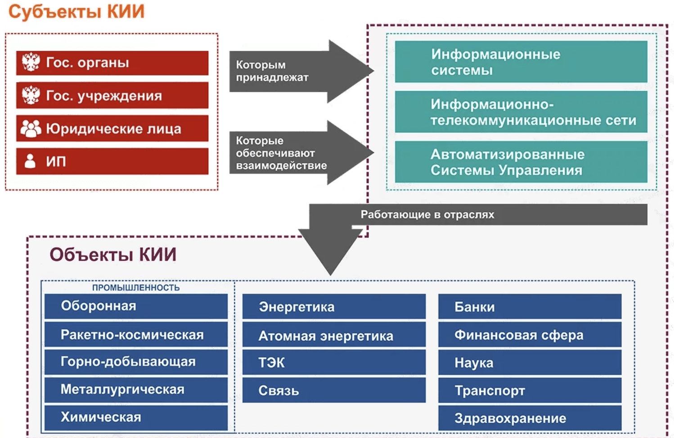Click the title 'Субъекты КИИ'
coord(76,12)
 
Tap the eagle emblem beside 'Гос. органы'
coord(31,62)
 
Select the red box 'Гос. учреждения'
coord(112,95)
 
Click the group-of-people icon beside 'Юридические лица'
coord(31,129)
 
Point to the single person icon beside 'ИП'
coord(30,161)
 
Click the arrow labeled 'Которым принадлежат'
coord(301,72)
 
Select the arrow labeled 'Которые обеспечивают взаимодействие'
coord(301,152)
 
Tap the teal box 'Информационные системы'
coord(521,62)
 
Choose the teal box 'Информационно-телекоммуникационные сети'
coord(521,112)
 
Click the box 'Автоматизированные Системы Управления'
coord(521,162)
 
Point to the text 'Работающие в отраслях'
coord(427,215)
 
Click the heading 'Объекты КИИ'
coord(113,255)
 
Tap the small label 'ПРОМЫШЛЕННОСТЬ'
coord(136,288)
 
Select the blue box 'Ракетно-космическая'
coord(136,335)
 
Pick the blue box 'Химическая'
coord(136,418)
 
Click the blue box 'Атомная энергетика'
coord(334,335)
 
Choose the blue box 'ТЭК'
coord(334,362)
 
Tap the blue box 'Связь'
coord(334,390)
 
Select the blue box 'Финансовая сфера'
coord(530,335)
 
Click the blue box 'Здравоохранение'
coord(530,418)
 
